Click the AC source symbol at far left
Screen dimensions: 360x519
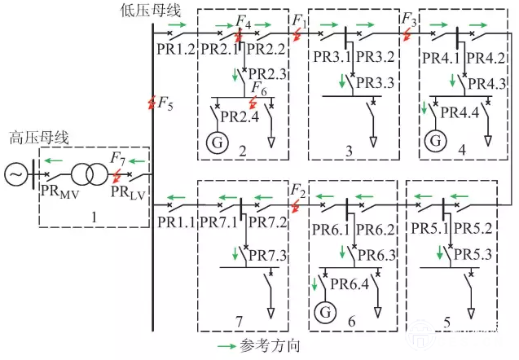tap(15, 174)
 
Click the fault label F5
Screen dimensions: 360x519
tap(165, 103)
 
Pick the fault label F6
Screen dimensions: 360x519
tap(257, 88)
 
